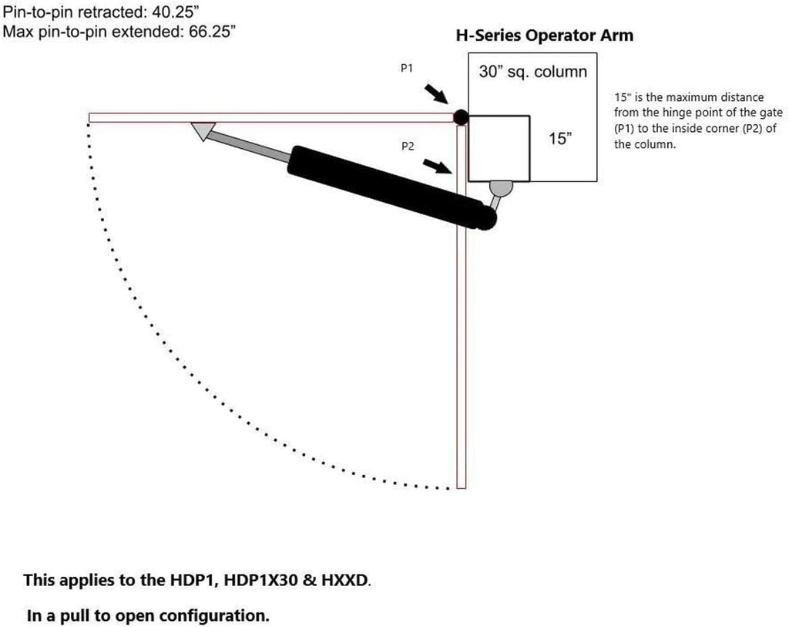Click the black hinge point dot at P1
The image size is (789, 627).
[x=461, y=117]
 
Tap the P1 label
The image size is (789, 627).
[x=407, y=68]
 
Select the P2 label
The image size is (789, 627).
[x=408, y=146]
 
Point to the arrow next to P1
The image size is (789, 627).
[x=436, y=94]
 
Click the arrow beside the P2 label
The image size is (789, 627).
[x=437, y=166]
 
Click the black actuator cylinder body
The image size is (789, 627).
[x=391, y=187]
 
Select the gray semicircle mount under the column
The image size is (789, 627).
[x=501, y=188]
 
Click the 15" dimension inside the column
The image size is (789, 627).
[x=560, y=139]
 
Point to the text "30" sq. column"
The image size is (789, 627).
[x=533, y=72]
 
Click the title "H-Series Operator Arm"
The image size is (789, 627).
[x=545, y=35]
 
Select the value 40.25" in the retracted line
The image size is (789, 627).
[x=173, y=12]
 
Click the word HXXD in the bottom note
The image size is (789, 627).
[x=344, y=580]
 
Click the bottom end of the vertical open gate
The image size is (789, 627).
[x=461, y=488]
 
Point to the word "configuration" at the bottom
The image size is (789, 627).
[x=214, y=616]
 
